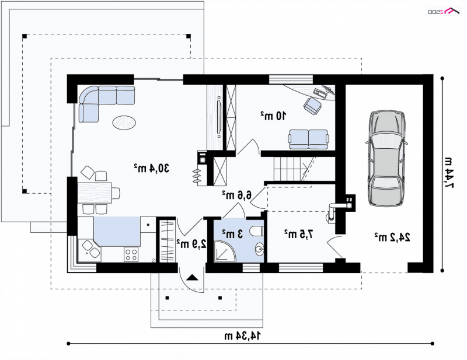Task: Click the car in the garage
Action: tap(386, 158)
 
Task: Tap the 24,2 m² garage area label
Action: tap(392, 237)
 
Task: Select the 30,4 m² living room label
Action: tap(151, 168)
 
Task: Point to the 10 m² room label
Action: tap(274, 116)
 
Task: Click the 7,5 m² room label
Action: tap(298, 234)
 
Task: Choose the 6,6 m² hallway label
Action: tap(236, 195)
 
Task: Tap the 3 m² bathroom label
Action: tap(232, 234)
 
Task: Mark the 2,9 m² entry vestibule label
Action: tap(191, 244)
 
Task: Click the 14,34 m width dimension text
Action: tap(242, 335)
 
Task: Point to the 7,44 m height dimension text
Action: tap(448, 173)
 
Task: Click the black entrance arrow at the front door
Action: tap(192, 278)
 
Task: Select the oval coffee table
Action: tap(124, 122)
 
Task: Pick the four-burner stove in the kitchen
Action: tap(131, 254)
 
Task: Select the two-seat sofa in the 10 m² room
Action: tap(309, 139)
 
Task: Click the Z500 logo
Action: tap(444, 12)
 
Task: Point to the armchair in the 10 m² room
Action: tap(312, 106)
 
